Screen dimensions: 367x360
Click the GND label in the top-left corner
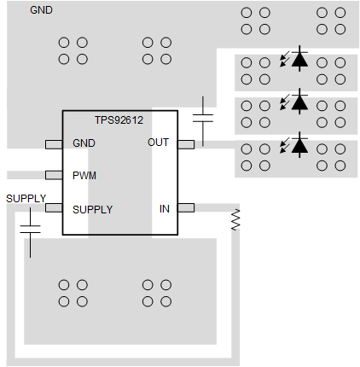(x=40, y=11)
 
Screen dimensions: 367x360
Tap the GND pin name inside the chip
(x=84, y=143)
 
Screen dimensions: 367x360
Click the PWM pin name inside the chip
(x=84, y=176)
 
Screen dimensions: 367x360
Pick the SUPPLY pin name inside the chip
(x=92, y=208)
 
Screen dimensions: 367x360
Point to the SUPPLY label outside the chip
(x=26, y=198)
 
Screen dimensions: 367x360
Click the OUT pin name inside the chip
(x=158, y=143)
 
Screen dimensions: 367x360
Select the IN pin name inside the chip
(x=165, y=208)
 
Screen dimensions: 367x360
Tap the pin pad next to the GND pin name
(x=54, y=143)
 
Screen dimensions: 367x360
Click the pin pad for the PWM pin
(x=54, y=176)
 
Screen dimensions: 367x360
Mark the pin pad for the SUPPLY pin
(x=54, y=207)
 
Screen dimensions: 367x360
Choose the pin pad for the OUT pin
(x=185, y=143)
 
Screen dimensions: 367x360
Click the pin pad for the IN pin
(x=185, y=207)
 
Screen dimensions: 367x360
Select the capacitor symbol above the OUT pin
(x=204, y=117)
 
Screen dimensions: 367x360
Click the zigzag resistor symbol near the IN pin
(x=235, y=220)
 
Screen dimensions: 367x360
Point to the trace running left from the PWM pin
(x=22, y=176)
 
